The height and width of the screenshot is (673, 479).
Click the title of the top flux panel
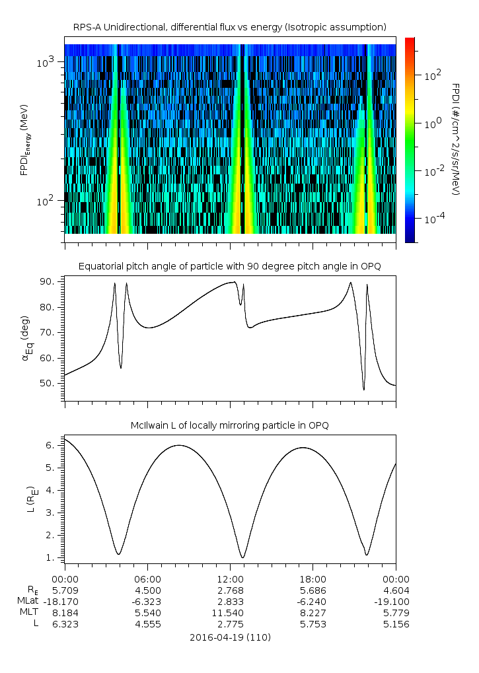coord(229,27)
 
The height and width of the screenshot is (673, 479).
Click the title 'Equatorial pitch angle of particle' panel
coord(229,266)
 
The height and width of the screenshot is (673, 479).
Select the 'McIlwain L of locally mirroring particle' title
coord(229,425)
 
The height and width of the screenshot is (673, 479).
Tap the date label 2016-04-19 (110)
coord(229,637)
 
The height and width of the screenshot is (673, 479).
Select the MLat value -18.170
coord(60,601)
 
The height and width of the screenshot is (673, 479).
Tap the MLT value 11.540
coord(230,612)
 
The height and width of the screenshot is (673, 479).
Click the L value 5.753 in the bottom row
coord(313,623)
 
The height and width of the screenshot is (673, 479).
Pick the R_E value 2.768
coord(230,590)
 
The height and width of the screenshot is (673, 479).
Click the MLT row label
coord(29,612)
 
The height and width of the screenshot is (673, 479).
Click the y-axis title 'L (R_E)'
coord(28,500)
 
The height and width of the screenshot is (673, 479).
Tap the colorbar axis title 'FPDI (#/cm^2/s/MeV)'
coord(455,139)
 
